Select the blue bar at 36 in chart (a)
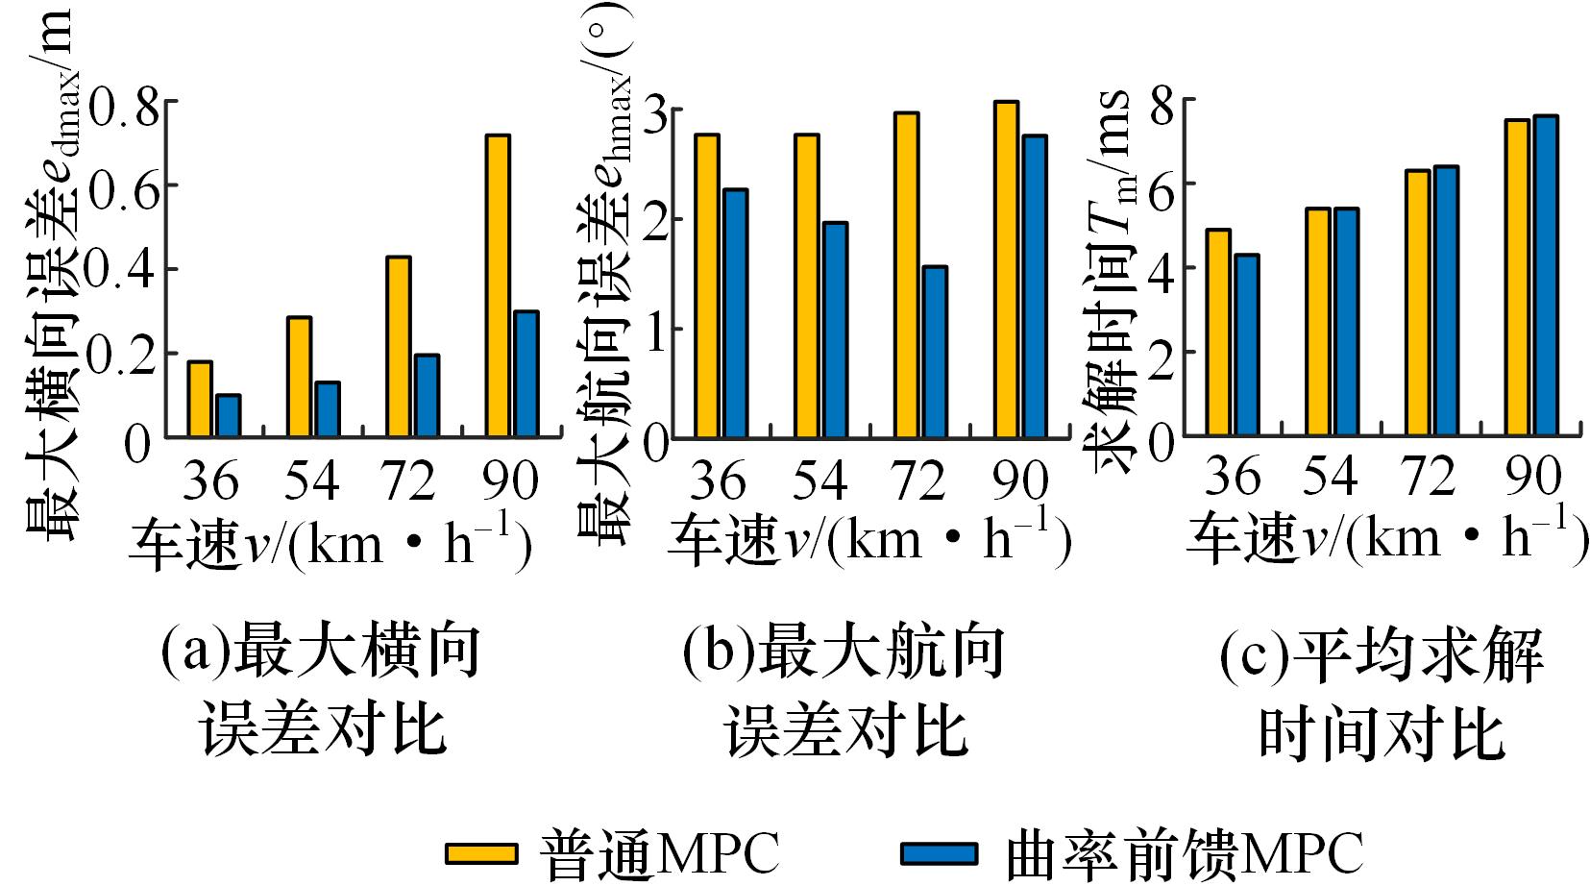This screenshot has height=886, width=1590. tap(228, 416)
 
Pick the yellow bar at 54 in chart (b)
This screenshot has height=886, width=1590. tap(807, 286)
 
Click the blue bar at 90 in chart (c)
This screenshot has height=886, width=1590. tap(1545, 277)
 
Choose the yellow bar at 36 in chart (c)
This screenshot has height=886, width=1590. tap(1218, 333)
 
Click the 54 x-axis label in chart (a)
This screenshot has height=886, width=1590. tap(311, 480)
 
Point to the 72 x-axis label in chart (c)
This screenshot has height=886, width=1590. tap(1431, 476)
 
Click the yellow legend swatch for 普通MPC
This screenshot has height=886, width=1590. tap(481, 853)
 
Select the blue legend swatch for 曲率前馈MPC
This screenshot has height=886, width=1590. tap(939, 853)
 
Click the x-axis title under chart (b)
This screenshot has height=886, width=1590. tap(868, 541)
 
